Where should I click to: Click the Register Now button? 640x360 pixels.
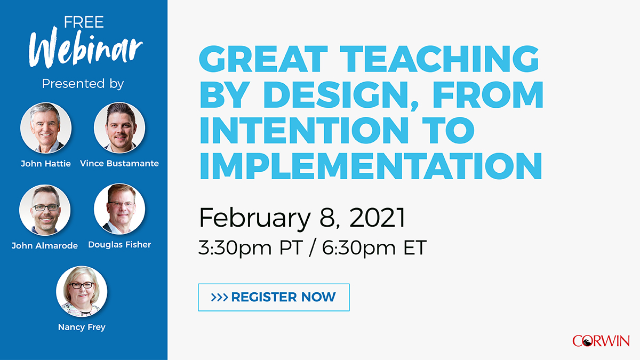click(x=274, y=297)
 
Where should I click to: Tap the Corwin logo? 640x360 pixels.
click(x=601, y=341)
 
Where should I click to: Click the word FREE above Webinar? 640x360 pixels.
click(x=84, y=22)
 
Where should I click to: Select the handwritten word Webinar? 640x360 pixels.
click(x=86, y=51)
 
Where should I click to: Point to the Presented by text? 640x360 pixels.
click(x=83, y=84)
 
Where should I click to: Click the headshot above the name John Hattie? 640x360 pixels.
click(x=46, y=128)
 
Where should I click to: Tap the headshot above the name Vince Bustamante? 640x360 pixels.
click(x=119, y=128)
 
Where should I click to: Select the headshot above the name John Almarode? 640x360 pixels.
click(x=45, y=210)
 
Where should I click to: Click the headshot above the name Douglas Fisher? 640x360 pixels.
click(x=119, y=209)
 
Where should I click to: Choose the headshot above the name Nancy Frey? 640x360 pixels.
click(x=82, y=292)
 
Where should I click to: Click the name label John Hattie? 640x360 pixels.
click(x=46, y=164)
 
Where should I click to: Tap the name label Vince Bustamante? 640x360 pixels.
click(x=119, y=164)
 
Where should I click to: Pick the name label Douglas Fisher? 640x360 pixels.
click(x=119, y=245)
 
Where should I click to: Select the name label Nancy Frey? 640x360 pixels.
click(x=82, y=327)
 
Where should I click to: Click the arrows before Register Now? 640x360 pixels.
click(x=220, y=297)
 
